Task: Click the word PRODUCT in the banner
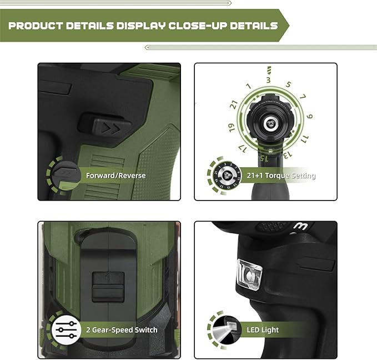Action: point(36,26)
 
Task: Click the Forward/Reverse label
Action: point(115,176)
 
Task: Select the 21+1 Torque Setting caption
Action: point(281,176)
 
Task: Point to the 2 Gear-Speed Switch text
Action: point(122,329)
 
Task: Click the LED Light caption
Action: point(263,329)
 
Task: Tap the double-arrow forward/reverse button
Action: point(112,128)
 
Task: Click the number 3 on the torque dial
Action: point(268,79)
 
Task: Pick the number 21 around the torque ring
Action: point(234,104)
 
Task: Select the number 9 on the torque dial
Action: point(309,117)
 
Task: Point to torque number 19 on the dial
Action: point(232,128)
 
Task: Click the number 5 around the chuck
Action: point(288,84)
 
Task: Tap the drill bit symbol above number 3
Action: point(269,70)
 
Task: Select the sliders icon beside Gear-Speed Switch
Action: point(66,329)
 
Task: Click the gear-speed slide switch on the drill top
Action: point(108,287)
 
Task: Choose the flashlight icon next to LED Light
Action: point(227,329)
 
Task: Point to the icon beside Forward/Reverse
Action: point(66,175)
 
